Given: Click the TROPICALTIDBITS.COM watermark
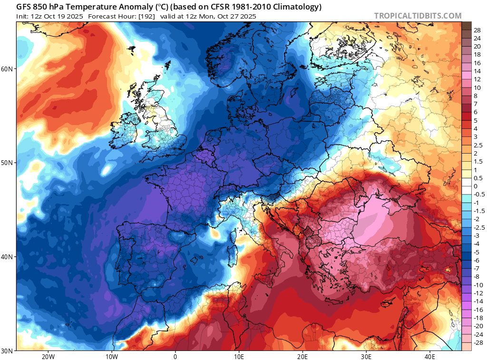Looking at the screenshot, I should (418, 16).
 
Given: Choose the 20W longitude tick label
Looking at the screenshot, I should (48, 356).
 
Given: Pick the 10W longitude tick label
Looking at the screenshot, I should (111, 356).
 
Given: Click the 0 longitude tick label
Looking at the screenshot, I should (175, 356).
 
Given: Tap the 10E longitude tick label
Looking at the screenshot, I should (239, 356).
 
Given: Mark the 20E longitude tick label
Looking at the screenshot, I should (302, 356).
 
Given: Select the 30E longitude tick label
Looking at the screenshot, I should (366, 356).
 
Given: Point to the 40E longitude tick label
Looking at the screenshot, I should (430, 356).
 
